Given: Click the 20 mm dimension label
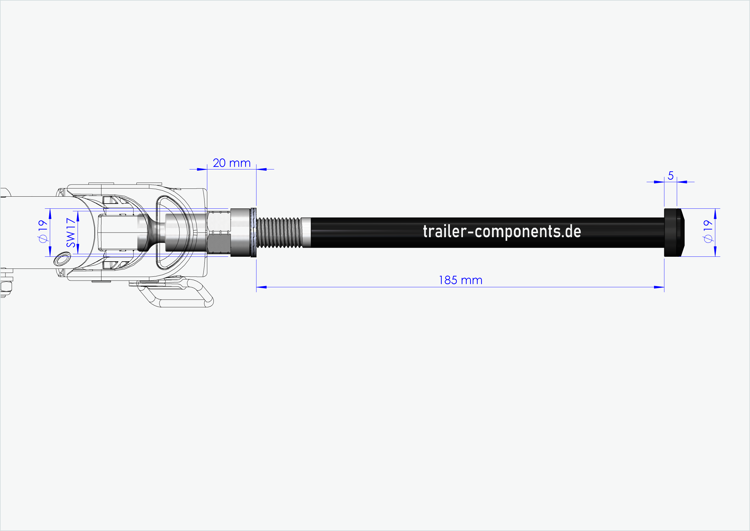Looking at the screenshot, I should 231,163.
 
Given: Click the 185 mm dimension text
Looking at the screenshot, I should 460,280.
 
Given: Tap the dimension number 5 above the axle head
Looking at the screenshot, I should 670,176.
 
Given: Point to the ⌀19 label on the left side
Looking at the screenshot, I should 43,231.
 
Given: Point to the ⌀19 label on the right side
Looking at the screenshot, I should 707,231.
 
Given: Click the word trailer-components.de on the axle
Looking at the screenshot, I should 502,231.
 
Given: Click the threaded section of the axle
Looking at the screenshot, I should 279,233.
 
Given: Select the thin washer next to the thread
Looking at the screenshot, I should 253,233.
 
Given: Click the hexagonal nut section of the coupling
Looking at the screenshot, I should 219,232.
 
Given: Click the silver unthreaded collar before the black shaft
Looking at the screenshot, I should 306,233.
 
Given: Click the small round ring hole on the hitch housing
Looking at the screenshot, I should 62,259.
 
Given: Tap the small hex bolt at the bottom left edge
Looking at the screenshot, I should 6,287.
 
